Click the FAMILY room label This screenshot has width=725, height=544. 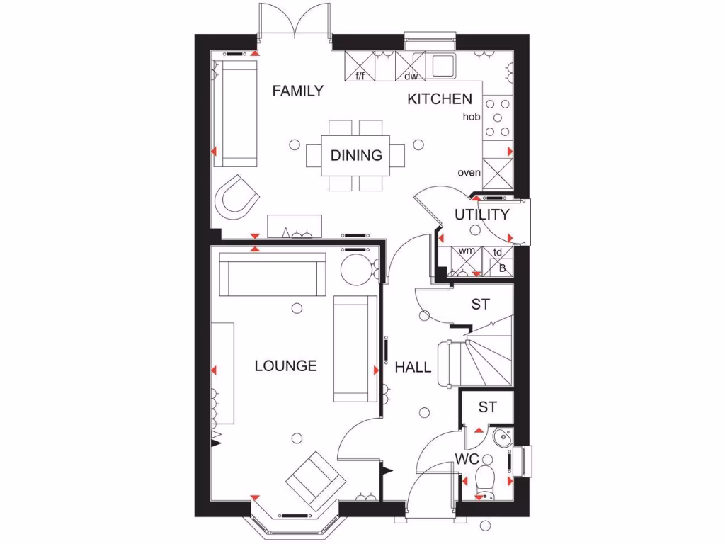point(297,91)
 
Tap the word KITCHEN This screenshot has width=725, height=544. point(439,99)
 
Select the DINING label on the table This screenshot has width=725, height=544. point(356,155)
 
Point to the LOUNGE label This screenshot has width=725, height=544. point(285,366)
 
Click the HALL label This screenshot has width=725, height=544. point(413,367)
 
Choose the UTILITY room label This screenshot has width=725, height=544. point(481,215)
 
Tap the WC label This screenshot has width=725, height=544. point(467,458)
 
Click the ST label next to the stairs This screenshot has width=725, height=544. point(481,305)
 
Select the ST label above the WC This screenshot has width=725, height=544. point(486,407)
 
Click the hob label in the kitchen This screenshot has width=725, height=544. point(471,117)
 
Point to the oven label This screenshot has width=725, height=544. point(469,172)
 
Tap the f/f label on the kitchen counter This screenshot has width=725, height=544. point(360,76)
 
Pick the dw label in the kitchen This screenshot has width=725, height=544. point(411,76)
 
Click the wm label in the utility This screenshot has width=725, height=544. point(466,251)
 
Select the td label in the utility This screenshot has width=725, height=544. point(498,251)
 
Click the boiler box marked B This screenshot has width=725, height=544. point(502,268)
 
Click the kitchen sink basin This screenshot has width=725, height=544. point(443,65)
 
